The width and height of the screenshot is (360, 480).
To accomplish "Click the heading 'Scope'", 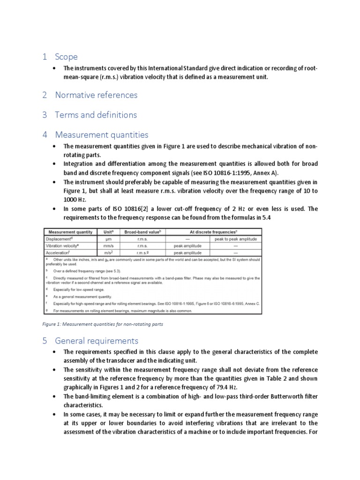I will point(66,57).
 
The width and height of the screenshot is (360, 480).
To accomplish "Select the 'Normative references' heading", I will point(96,95).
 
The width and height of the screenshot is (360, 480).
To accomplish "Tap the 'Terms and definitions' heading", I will point(96,114).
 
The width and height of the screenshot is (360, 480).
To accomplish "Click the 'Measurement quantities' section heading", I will point(102,135).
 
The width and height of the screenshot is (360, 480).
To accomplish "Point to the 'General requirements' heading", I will point(97,340).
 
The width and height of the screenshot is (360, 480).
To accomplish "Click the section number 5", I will point(45,340).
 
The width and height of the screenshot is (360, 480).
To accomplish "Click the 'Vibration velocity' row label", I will point(65,245).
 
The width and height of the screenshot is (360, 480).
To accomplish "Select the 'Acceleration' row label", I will point(59,252).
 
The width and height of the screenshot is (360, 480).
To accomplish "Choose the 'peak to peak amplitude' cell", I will point(235,239).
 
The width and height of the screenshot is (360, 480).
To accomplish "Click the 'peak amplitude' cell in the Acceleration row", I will point(187,252).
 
